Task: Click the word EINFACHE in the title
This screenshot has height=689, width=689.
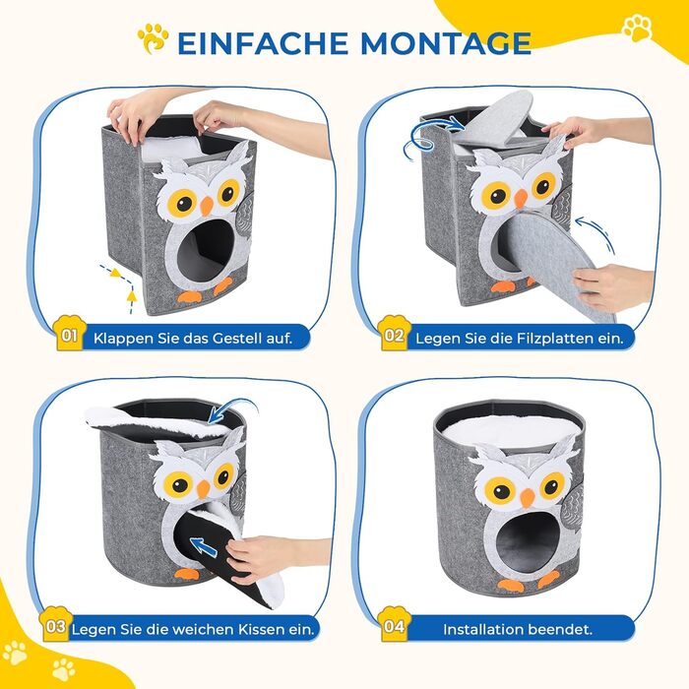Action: point(262,42)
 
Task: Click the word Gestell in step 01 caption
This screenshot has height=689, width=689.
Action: point(236,339)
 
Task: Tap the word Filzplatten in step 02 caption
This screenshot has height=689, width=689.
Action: point(558,339)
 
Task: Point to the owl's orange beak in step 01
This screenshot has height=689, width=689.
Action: point(207,205)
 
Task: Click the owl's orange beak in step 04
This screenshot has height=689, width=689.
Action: point(527,498)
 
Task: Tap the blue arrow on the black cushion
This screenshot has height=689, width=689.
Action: point(205,547)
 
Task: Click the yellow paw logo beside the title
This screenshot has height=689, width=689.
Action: point(153,38)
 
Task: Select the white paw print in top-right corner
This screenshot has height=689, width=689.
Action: point(637,28)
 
